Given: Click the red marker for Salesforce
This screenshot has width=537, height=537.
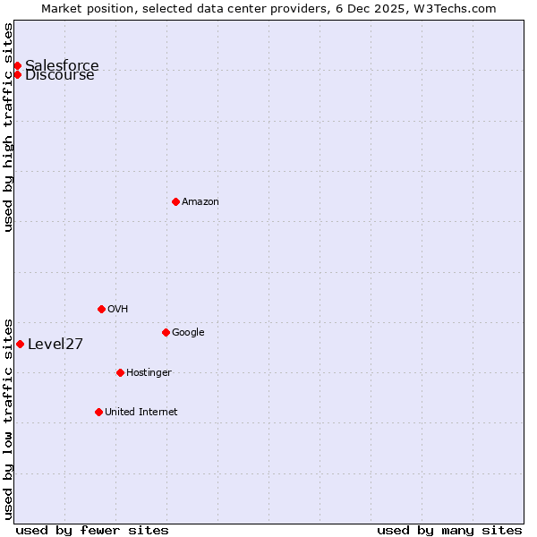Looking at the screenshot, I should (x=17, y=65).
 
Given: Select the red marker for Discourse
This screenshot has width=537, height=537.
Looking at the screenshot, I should (x=17, y=74).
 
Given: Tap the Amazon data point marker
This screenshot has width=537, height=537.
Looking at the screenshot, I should (x=175, y=201).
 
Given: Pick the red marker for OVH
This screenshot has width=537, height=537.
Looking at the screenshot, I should (x=101, y=309).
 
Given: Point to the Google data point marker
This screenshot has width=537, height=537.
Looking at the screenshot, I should (x=166, y=332).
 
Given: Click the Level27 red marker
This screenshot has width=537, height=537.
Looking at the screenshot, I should (x=20, y=344).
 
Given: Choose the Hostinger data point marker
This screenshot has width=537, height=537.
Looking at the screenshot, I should (x=120, y=372).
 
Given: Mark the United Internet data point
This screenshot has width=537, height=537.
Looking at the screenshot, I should (x=98, y=412).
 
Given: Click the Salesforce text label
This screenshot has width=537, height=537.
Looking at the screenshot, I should (x=62, y=65).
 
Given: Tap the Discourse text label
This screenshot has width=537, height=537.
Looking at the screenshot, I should (x=60, y=75).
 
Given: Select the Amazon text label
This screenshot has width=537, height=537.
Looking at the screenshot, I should (x=200, y=202).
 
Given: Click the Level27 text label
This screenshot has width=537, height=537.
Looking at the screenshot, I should (x=55, y=345).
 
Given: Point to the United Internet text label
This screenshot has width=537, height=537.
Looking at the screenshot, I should (x=141, y=413).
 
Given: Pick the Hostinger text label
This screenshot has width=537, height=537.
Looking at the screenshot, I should (x=149, y=373).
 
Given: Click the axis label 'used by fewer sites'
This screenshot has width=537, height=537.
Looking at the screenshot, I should (x=92, y=530).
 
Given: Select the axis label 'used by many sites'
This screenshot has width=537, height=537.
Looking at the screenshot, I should (x=449, y=530).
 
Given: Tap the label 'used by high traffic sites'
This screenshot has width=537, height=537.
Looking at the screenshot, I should (x=9, y=127).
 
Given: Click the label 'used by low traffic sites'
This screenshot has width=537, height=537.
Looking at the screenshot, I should (x=9, y=418).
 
